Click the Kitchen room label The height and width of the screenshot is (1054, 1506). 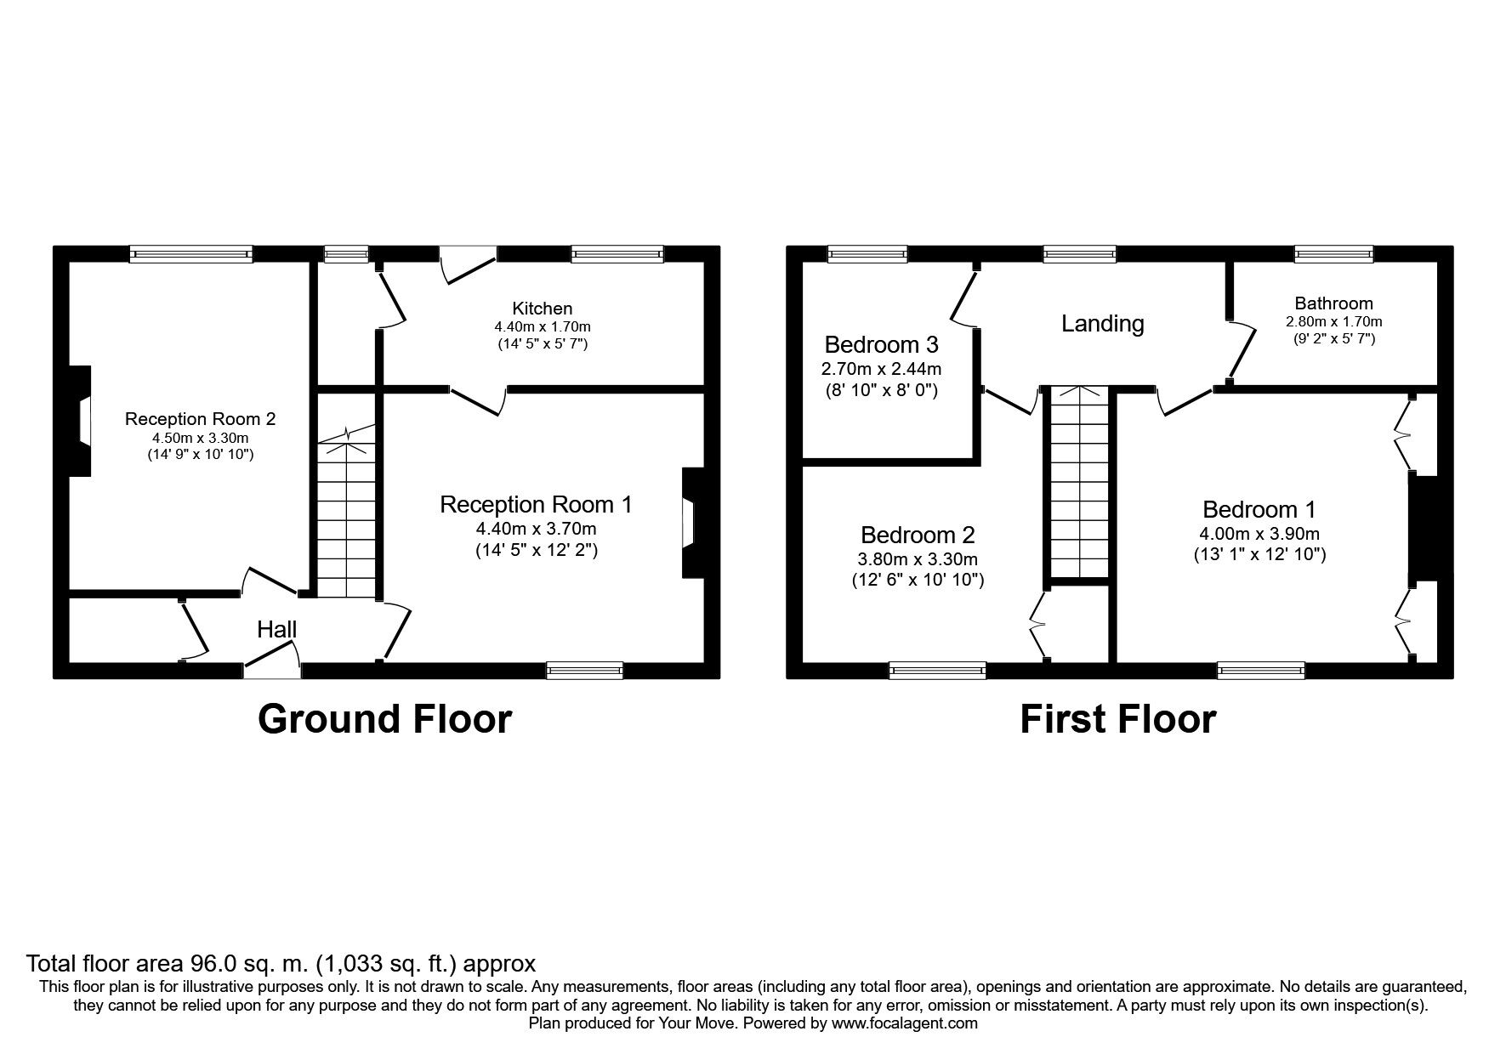(x=542, y=309)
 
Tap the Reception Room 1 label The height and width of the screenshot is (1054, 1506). (x=536, y=505)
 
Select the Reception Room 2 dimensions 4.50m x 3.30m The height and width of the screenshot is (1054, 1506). (x=200, y=438)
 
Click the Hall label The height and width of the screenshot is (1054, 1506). (x=277, y=630)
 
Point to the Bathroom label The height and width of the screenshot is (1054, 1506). (x=1333, y=303)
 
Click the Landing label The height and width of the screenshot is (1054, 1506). (x=1102, y=324)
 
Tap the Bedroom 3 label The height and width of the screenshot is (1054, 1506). (x=881, y=345)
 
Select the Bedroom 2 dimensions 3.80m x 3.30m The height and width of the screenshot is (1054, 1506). (x=918, y=560)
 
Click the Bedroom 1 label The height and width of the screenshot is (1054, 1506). (x=1259, y=510)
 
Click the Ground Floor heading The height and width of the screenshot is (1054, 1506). (x=384, y=719)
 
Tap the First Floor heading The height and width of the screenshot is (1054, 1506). (x=1117, y=719)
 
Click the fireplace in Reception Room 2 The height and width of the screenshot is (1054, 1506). (x=81, y=422)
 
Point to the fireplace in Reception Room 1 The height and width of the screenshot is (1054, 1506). (x=691, y=523)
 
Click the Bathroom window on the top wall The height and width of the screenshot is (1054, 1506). (x=1333, y=253)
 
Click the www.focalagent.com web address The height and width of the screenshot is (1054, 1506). (x=904, y=1023)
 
